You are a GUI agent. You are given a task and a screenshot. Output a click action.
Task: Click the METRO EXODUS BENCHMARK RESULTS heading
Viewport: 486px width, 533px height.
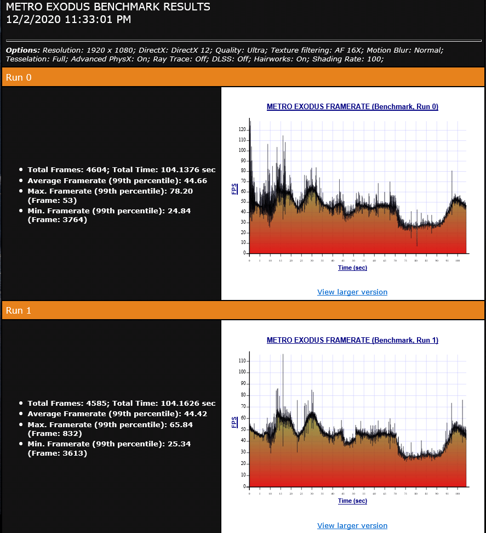click(108, 8)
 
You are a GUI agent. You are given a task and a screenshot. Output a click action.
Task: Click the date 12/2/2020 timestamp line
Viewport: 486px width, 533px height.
click(68, 20)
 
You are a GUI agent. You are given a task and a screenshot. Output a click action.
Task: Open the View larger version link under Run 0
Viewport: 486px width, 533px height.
click(352, 292)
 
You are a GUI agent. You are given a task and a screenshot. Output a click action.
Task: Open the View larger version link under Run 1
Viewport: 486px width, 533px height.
click(352, 525)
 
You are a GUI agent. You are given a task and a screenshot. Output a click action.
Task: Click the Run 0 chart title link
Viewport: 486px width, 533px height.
click(352, 107)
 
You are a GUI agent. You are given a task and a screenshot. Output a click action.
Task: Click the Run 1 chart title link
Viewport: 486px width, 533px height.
click(352, 340)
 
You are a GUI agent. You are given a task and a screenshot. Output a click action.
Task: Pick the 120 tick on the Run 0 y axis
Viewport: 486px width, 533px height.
click(242, 129)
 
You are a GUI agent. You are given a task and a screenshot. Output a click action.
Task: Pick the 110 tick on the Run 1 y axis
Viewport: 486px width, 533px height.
click(242, 361)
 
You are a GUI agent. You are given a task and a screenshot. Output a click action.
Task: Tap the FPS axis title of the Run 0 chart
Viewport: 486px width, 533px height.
click(235, 189)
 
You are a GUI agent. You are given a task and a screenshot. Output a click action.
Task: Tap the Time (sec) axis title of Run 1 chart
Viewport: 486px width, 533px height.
click(352, 501)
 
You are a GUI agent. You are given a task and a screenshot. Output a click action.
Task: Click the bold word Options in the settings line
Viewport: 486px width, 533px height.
click(22, 50)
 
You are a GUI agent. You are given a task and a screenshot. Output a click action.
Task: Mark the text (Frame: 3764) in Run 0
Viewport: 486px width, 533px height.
click(58, 220)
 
